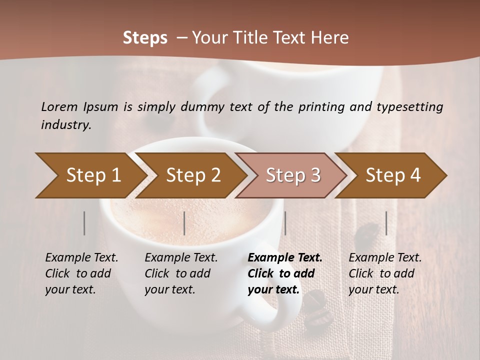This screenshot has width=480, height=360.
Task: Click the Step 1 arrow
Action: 90,175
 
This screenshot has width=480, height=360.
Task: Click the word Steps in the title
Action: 145,37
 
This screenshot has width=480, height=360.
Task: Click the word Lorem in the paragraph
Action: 59,106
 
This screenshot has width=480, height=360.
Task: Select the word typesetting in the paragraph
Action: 409,106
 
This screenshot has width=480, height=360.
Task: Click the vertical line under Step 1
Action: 84,223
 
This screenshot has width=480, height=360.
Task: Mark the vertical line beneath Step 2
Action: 184,223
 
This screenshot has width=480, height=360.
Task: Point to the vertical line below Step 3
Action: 285,223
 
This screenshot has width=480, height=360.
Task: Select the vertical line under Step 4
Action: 386,223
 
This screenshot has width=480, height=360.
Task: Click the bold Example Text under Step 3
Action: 285,258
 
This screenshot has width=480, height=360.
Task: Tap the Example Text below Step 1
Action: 81,258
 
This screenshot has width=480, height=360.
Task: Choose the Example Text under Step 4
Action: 385,258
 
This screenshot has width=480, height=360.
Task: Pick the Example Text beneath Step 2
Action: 181,258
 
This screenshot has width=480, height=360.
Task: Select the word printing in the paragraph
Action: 320,106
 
